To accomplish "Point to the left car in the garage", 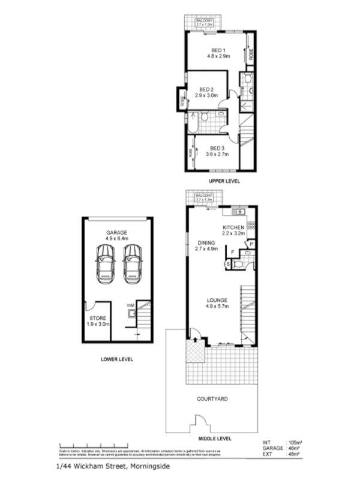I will click(x=106, y=265).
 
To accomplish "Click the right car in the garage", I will click(x=133, y=265).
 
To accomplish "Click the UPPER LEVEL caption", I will click(x=224, y=181).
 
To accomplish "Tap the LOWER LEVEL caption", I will click(x=117, y=359).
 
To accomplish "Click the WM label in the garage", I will click(x=130, y=305).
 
